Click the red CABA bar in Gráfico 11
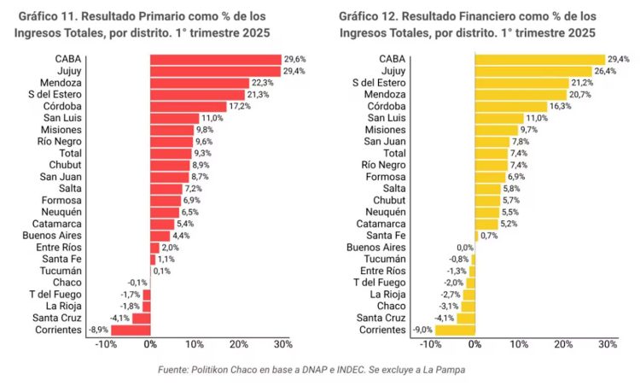215,59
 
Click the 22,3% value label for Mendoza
262,83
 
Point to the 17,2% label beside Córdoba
240,107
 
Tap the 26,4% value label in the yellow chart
605,71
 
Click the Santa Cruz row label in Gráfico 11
59,318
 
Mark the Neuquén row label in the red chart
61,212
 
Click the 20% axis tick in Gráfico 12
563,344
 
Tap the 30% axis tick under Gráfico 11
282,344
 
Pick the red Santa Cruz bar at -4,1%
141,318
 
